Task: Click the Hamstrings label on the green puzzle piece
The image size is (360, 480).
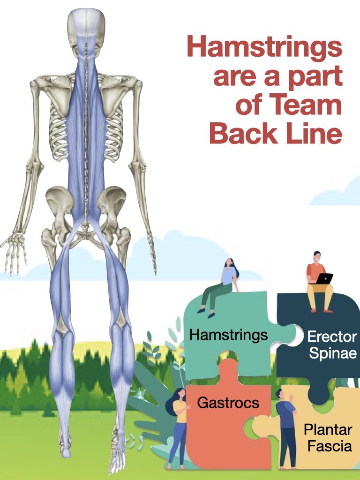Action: point(228,335)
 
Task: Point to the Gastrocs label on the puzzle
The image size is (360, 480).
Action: point(228,402)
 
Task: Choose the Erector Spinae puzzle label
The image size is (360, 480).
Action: point(332,345)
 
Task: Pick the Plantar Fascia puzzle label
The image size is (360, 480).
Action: point(327,437)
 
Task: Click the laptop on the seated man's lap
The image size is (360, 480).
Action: point(324,278)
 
